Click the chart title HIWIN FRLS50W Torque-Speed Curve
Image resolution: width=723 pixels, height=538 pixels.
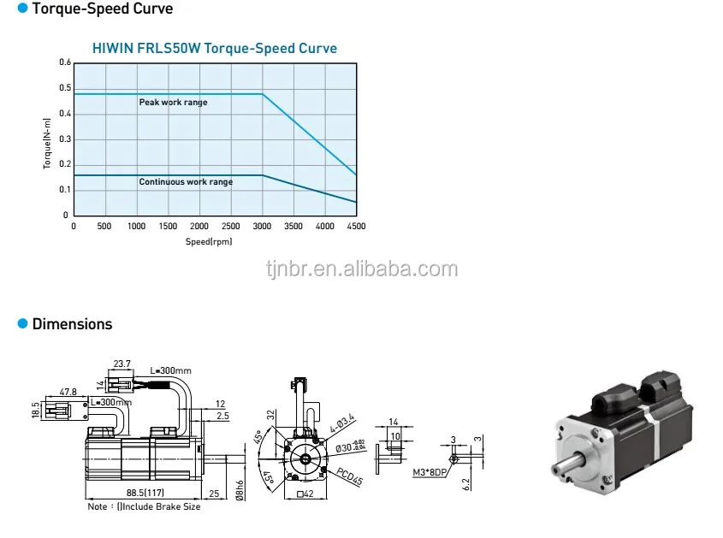215,49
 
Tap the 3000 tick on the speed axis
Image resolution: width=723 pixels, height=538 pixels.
263,227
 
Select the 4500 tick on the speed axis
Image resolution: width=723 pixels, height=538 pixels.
356,227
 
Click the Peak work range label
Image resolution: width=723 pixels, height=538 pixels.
174,103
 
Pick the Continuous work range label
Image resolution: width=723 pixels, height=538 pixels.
186,181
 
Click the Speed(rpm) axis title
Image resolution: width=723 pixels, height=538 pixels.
209,242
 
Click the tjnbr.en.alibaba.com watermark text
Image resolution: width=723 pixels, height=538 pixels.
361,269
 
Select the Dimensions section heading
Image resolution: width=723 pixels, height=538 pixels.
72,324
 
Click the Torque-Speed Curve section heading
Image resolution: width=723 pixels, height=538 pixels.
102,9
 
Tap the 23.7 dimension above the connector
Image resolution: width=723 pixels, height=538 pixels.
121,364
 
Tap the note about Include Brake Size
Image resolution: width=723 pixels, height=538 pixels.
144,506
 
